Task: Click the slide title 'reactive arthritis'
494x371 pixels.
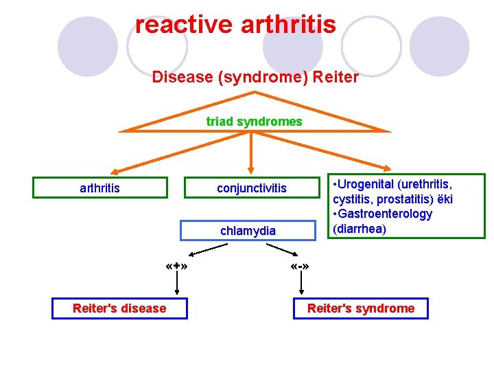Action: coord(235,25)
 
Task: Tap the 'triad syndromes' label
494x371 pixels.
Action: coord(254,122)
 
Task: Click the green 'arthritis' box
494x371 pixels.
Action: coord(99,188)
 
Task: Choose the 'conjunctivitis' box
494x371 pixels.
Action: coord(251,188)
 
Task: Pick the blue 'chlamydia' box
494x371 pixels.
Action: coord(248,231)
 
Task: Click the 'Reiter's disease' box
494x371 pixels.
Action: coord(119,308)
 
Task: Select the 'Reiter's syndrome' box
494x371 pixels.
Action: coord(361,308)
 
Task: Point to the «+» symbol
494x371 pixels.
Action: coord(177,266)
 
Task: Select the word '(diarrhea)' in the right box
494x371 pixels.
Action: coord(359,229)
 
